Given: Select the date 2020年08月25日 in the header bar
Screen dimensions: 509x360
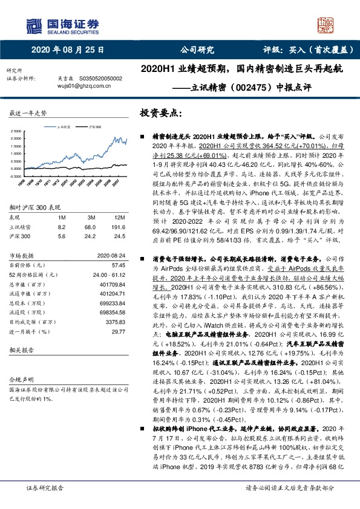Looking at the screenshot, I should [67, 50].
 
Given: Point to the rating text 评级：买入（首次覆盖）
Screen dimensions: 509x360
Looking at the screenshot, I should [301, 50].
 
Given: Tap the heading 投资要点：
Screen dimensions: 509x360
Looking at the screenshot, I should [162, 113].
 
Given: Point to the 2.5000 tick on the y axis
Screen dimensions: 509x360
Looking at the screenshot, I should [18, 131].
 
